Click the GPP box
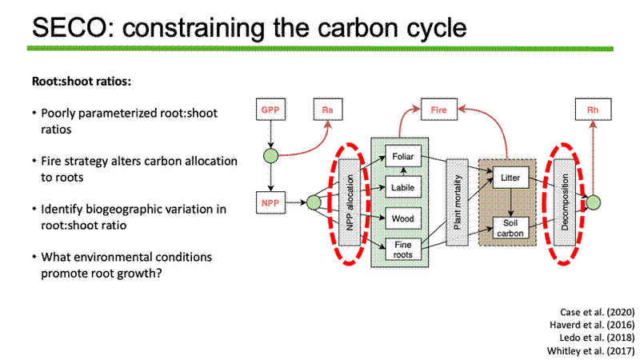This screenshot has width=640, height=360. tap(270, 110)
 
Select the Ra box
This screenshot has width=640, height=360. tap(328, 110)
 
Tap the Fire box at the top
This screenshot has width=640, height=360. tap(438, 110)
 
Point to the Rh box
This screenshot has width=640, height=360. tap(593, 110)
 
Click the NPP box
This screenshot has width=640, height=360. tap(270, 202)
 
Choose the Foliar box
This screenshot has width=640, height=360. tap(403, 156)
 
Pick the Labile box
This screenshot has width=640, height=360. tap(403, 187)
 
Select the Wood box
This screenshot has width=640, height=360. tap(403, 218)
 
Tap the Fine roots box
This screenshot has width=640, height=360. tap(403, 249)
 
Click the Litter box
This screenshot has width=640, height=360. tap(510, 178)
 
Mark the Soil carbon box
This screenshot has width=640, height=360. tap(510, 228)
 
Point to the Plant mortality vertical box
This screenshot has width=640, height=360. tap(457, 202)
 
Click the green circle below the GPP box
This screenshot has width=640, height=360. tap(270, 156)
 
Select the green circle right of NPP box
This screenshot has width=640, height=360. tap(314, 202)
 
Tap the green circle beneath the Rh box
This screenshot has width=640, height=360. tap(593, 202)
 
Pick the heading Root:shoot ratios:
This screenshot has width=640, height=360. tap(82, 82)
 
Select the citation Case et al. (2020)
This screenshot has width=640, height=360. tap(597, 312)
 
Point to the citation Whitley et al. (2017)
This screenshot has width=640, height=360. tap(591, 350)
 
